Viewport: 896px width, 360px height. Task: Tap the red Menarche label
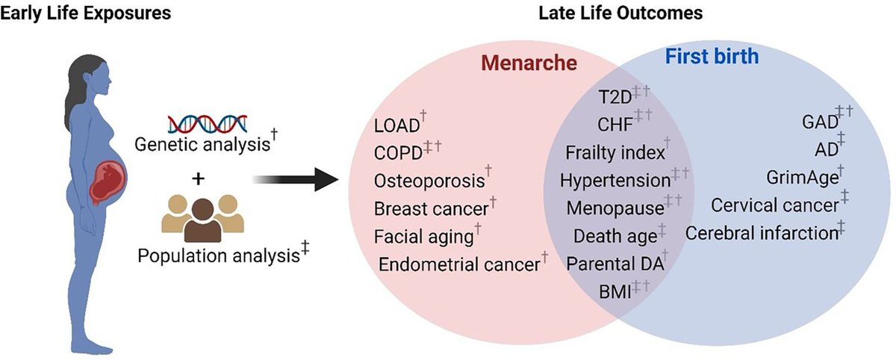tap(529, 63)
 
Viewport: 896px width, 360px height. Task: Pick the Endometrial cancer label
tap(458, 265)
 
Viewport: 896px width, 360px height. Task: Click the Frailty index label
tap(615, 153)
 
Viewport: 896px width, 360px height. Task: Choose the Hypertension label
tap(615, 181)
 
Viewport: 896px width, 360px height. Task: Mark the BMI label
tap(614, 291)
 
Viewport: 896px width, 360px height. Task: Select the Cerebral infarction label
tap(762, 233)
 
